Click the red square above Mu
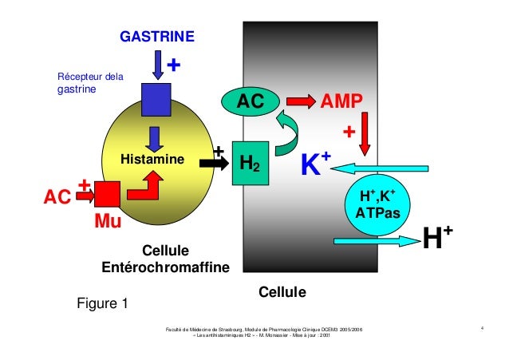(107, 194)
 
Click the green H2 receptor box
(250, 163)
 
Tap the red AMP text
(341, 101)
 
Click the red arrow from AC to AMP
(300, 101)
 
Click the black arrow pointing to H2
(211, 162)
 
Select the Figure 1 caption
(101, 303)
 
